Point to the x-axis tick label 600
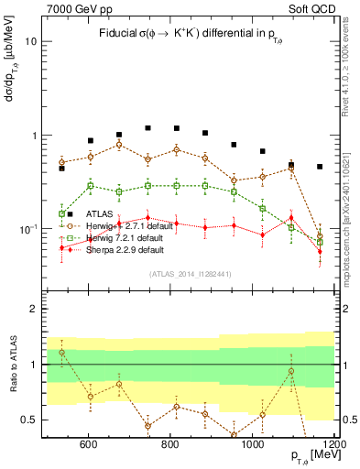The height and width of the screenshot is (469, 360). tap(88, 446)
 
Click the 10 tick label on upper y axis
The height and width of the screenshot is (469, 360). tap(32, 42)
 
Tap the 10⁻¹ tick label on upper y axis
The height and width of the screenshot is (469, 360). tap(29, 228)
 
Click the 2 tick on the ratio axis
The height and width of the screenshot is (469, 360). tap(35, 310)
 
